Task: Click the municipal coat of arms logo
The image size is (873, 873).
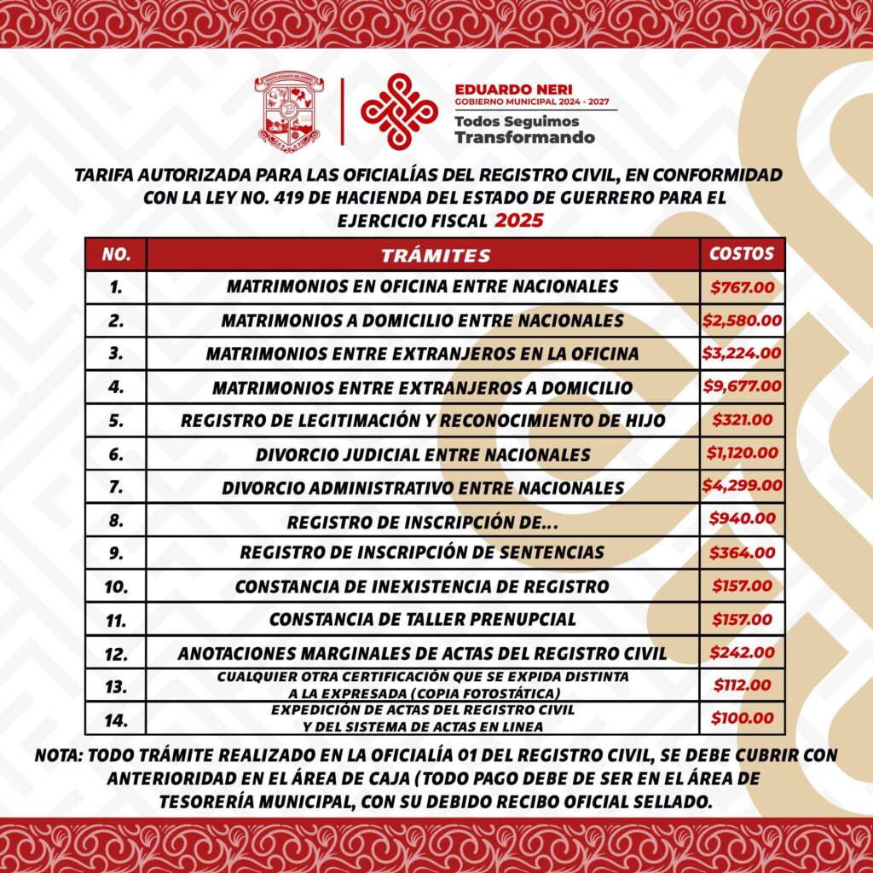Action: [x=289, y=113]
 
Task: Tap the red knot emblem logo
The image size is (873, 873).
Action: [x=399, y=111]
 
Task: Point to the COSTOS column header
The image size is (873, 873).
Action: [x=742, y=254]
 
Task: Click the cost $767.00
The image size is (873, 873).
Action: [x=742, y=287]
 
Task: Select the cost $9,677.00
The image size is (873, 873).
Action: [x=742, y=386]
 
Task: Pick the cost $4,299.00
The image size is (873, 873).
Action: [x=742, y=486]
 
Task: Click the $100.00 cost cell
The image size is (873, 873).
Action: [x=742, y=719]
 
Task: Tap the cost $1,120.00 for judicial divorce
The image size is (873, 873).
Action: [x=742, y=453]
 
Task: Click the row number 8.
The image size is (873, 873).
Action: [x=117, y=520]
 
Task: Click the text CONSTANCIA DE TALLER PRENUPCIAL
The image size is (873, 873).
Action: [x=423, y=620]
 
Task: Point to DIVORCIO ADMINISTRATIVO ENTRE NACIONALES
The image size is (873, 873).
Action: [x=423, y=489]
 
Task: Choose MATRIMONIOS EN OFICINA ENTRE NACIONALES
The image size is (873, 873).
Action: [x=422, y=287]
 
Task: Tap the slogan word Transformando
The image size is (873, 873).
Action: [x=524, y=137]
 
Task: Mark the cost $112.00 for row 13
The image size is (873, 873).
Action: [x=742, y=685]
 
